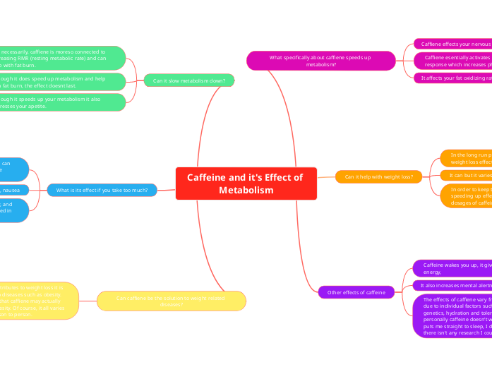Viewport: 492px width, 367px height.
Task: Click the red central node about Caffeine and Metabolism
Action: [x=246, y=183]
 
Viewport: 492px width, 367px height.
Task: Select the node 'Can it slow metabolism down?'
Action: [x=189, y=80]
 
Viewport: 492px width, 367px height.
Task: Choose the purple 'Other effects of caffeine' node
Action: [x=356, y=292]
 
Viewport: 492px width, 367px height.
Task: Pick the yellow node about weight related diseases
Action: [x=171, y=301]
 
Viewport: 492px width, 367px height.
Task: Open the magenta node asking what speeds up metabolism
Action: [x=320, y=60]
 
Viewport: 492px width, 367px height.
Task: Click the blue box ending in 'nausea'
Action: [x=14, y=190]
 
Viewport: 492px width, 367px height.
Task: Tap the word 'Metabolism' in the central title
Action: [x=246, y=191]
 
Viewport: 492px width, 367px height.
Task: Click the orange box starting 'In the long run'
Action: [x=466, y=157]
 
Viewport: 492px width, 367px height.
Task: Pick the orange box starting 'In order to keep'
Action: [x=466, y=195]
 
